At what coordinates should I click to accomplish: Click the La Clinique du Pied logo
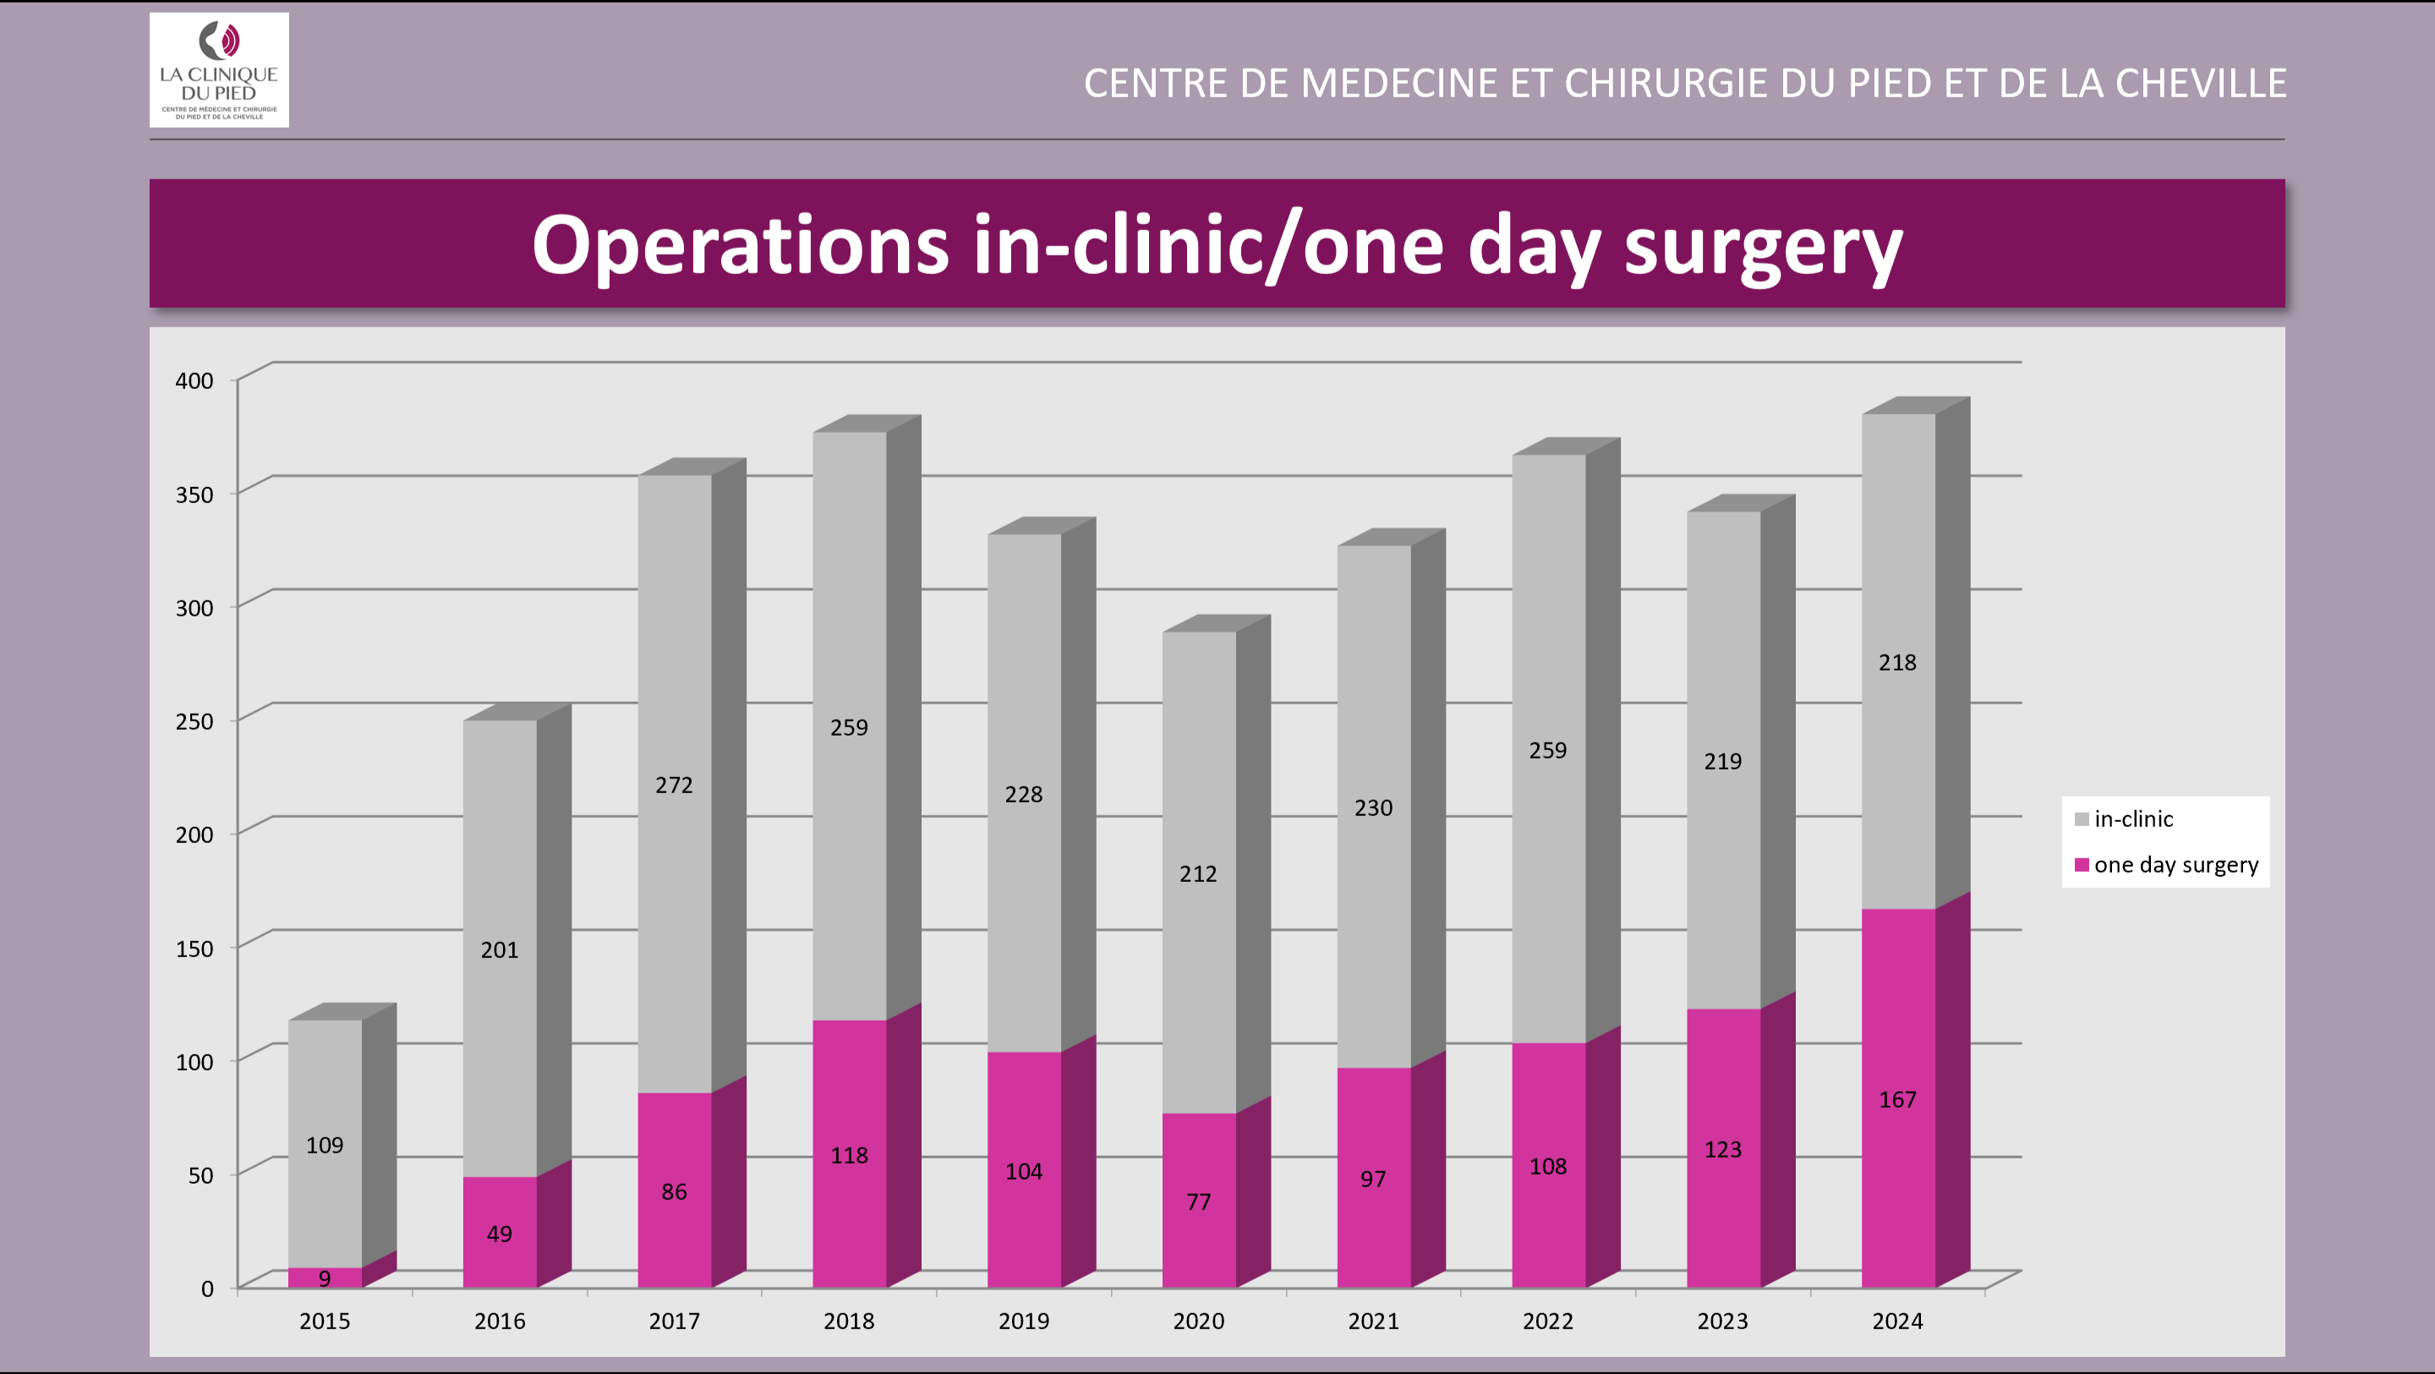pyautogui.click(x=218, y=70)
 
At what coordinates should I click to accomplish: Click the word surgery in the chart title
pyautogui.click(x=1762, y=246)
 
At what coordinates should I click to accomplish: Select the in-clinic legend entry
pyautogui.click(x=2132, y=819)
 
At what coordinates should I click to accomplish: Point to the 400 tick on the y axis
pyautogui.click(x=194, y=380)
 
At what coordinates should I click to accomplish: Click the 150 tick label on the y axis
pyautogui.click(x=194, y=949)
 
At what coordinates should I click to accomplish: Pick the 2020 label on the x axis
pyautogui.click(x=1198, y=1321)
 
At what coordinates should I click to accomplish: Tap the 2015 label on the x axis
pyautogui.click(x=324, y=1321)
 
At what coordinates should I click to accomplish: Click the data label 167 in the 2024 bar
pyautogui.click(x=1897, y=1100)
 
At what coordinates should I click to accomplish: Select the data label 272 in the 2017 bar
pyautogui.click(x=674, y=785)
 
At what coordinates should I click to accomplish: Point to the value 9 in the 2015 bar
pyautogui.click(x=324, y=1278)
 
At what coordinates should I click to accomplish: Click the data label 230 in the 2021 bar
pyautogui.click(x=1372, y=807)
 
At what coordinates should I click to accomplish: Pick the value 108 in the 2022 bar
pyautogui.click(x=1547, y=1167)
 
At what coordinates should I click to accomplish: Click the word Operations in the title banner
pyautogui.click(x=740, y=246)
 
